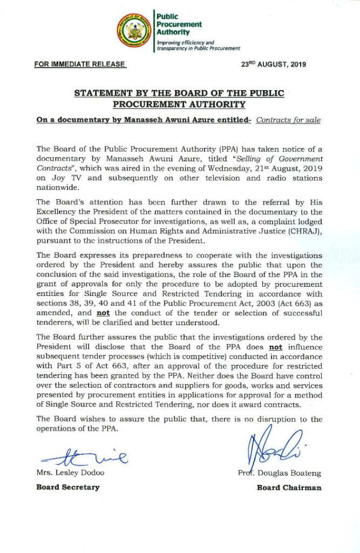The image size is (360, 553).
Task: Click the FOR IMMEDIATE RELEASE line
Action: point(80,65)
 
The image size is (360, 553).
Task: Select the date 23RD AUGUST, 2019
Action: point(273,65)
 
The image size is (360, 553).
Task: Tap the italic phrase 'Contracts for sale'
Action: point(288,119)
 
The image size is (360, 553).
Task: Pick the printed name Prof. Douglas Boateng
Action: point(279,474)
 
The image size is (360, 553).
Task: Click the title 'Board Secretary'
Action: point(67,487)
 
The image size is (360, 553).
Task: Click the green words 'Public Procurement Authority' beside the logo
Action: point(179,24)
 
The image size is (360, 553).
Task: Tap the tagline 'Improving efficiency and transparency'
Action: point(198,45)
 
